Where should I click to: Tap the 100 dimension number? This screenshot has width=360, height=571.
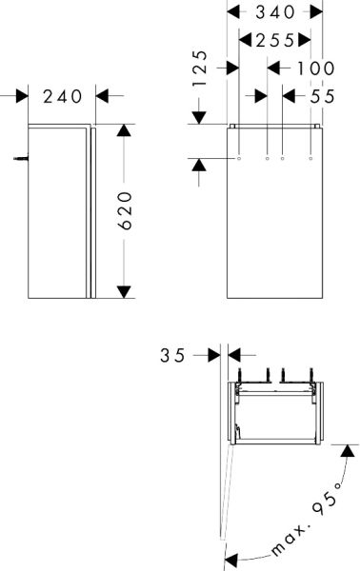(314, 68)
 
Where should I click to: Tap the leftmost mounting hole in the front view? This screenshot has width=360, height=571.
(237, 158)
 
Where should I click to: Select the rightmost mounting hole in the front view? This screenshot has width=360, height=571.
(310, 158)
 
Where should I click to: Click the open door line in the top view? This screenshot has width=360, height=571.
(226, 495)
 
